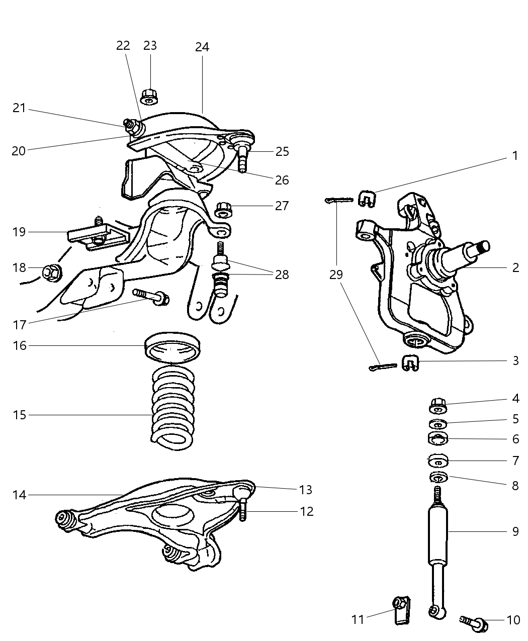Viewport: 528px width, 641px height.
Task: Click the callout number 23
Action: tap(150, 46)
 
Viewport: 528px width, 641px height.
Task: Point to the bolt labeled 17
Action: tap(151, 296)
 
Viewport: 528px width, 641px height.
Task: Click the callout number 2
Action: tap(515, 267)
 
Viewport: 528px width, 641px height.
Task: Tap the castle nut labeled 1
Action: tap(368, 198)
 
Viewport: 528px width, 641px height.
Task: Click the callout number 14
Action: tap(19, 495)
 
